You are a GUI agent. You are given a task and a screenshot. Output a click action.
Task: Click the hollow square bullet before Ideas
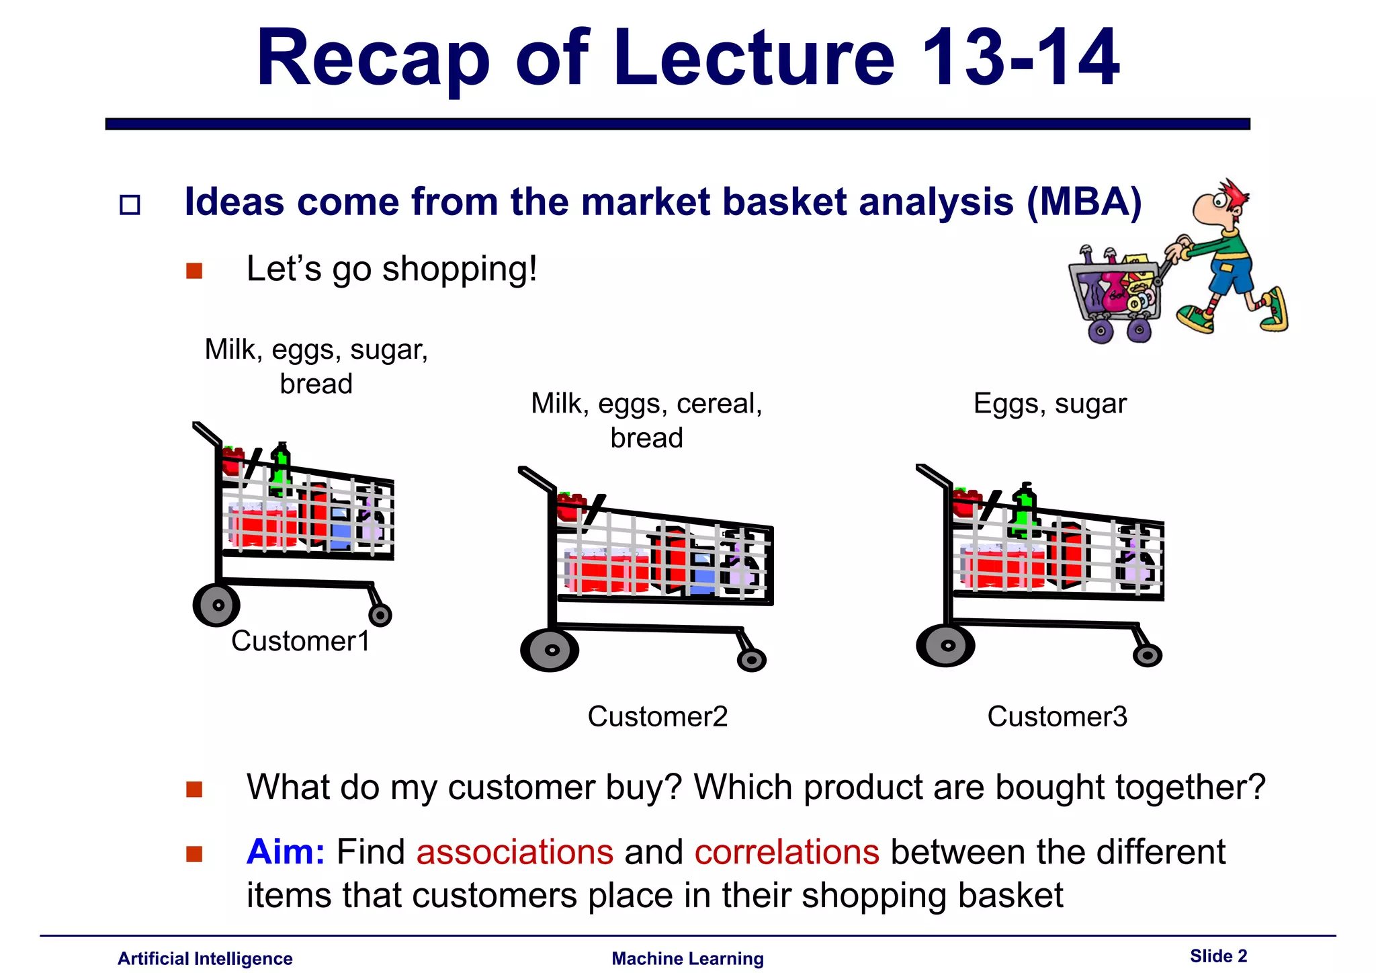pyautogui.click(x=130, y=204)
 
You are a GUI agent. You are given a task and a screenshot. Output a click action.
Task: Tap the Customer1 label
pyautogui.click(x=300, y=641)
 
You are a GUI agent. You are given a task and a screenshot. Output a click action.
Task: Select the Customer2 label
pyautogui.click(x=657, y=716)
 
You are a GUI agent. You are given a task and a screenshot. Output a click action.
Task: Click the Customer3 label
pyautogui.click(x=1057, y=716)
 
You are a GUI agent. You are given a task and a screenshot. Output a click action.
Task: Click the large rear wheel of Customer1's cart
pyautogui.click(x=216, y=605)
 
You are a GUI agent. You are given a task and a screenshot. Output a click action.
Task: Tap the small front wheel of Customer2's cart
pyautogui.click(x=751, y=660)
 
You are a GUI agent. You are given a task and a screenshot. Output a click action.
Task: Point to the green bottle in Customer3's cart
pyautogui.click(x=1024, y=514)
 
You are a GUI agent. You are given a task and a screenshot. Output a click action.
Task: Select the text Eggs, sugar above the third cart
pyautogui.click(x=1049, y=404)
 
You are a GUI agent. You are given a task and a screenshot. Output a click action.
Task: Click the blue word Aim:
pyautogui.click(x=286, y=852)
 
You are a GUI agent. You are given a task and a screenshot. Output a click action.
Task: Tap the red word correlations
pyautogui.click(x=786, y=852)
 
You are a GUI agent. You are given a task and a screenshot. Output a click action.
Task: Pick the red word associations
pyautogui.click(x=515, y=852)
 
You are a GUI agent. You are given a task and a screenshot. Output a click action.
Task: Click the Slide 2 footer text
pyautogui.click(x=1217, y=956)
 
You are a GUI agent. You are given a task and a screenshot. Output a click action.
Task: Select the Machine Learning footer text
pyautogui.click(x=687, y=959)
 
